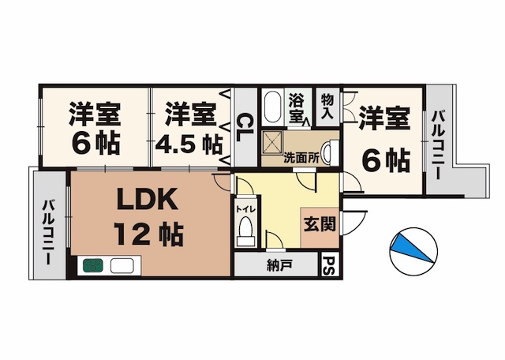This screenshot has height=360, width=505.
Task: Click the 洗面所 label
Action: [x=301, y=156]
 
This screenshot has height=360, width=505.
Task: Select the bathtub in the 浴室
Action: [x=272, y=107]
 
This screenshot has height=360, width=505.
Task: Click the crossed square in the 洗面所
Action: [x=274, y=141]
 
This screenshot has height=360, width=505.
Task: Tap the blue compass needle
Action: [x=414, y=246]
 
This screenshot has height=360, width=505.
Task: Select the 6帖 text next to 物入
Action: [x=386, y=160]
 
